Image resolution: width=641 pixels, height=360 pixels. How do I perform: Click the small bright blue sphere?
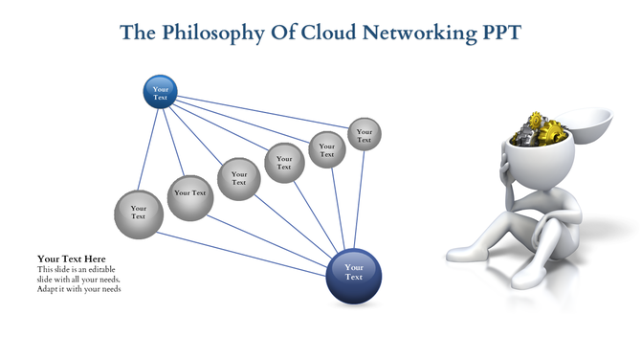coord(160,92)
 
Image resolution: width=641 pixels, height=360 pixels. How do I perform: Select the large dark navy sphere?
coord(354,272)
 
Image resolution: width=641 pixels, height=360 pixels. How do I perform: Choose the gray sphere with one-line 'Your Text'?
coord(189,193)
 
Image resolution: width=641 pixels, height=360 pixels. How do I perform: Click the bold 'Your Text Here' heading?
coord(71,259)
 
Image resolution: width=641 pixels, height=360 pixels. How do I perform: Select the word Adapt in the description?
coord(49,289)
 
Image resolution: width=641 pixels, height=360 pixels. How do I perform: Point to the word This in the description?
coord(46,270)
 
